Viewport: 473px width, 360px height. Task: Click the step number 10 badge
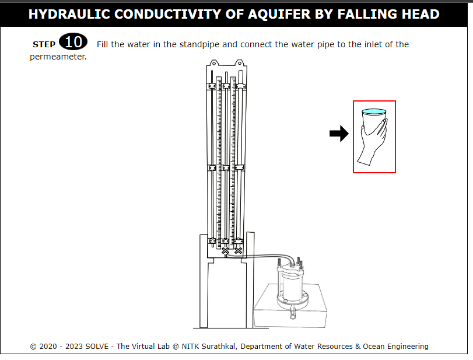click(73, 41)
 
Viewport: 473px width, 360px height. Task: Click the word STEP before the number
click(44, 45)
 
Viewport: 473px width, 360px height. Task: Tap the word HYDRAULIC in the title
click(69, 14)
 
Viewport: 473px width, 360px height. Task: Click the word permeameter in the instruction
click(58, 57)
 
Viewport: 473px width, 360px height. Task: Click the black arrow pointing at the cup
click(339, 134)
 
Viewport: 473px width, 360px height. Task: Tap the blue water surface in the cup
click(374, 111)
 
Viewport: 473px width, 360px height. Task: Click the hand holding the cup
click(373, 142)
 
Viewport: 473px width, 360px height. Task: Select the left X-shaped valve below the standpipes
click(225, 251)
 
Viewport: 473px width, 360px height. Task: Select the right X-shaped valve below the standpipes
click(238, 250)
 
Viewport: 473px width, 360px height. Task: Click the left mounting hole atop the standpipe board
click(214, 64)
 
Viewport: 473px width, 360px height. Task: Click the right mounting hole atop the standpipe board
click(240, 64)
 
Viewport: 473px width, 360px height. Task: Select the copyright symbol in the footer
click(33, 347)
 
